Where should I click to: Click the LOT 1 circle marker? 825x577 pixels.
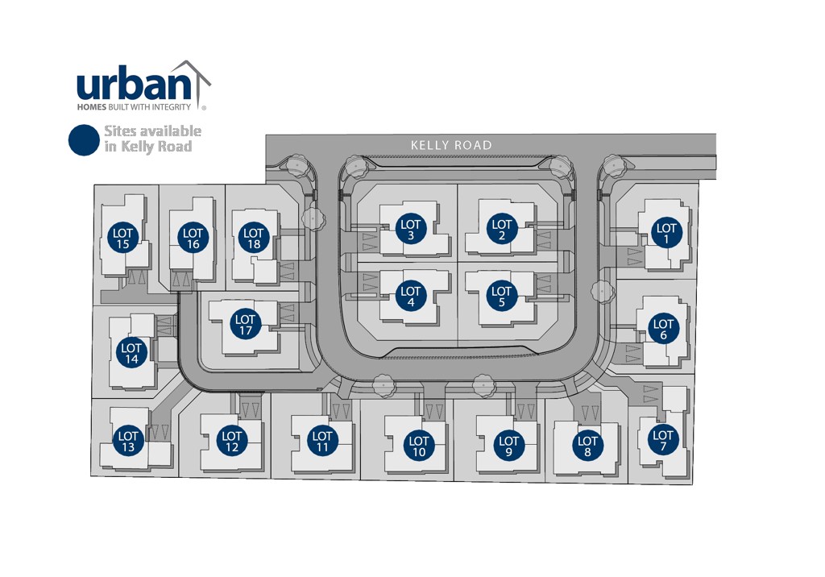666,234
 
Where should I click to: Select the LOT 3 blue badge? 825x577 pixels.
411,230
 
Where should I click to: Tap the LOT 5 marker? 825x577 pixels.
501,297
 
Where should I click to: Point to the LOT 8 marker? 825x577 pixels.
587,446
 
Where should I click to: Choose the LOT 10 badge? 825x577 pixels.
419,446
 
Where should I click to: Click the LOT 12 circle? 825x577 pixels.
232,441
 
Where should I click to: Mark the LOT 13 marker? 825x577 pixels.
128,442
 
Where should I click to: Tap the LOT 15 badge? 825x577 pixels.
123,239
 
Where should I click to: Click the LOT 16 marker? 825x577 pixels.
193,239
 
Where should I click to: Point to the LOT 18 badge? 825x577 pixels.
254,239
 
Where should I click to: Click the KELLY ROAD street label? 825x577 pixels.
451,145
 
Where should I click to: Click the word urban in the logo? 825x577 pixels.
127,85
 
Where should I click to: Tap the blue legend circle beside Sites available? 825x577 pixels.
84,139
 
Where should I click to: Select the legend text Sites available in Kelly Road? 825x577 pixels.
151,139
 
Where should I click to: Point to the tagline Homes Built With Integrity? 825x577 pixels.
134,106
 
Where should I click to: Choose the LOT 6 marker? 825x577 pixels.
663,330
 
